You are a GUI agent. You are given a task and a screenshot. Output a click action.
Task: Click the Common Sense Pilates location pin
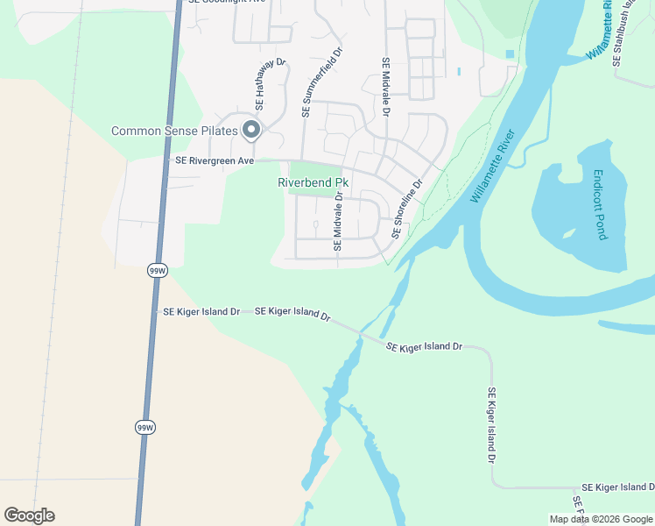coord(252,131)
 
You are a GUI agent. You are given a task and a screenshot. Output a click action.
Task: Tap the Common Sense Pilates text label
coord(174,131)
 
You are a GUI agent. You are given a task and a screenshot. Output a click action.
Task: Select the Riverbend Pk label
coord(313,182)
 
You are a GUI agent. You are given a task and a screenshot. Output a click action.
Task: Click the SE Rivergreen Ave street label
coord(215,160)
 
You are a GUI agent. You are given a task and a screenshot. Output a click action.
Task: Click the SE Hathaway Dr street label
coord(270,89)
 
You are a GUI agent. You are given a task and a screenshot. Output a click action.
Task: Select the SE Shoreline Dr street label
coord(407,210)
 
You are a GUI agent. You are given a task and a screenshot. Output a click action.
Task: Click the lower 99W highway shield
coord(145,427)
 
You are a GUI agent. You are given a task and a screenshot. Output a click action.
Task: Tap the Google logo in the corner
coord(29,515)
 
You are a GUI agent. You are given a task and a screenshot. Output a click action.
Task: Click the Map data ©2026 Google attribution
coord(601,519)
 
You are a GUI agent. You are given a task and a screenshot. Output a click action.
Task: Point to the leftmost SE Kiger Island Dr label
coord(201,311)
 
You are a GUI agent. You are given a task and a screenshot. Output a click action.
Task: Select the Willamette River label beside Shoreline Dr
coord(493,167)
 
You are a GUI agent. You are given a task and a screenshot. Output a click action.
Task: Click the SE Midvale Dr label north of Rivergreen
coord(385,88)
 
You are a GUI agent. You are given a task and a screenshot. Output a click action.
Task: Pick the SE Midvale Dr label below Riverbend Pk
coord(337,224)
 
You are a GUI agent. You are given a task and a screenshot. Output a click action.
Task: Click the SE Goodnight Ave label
coord(226,3)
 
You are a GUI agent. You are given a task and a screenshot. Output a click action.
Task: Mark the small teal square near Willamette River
coord(510,54)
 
